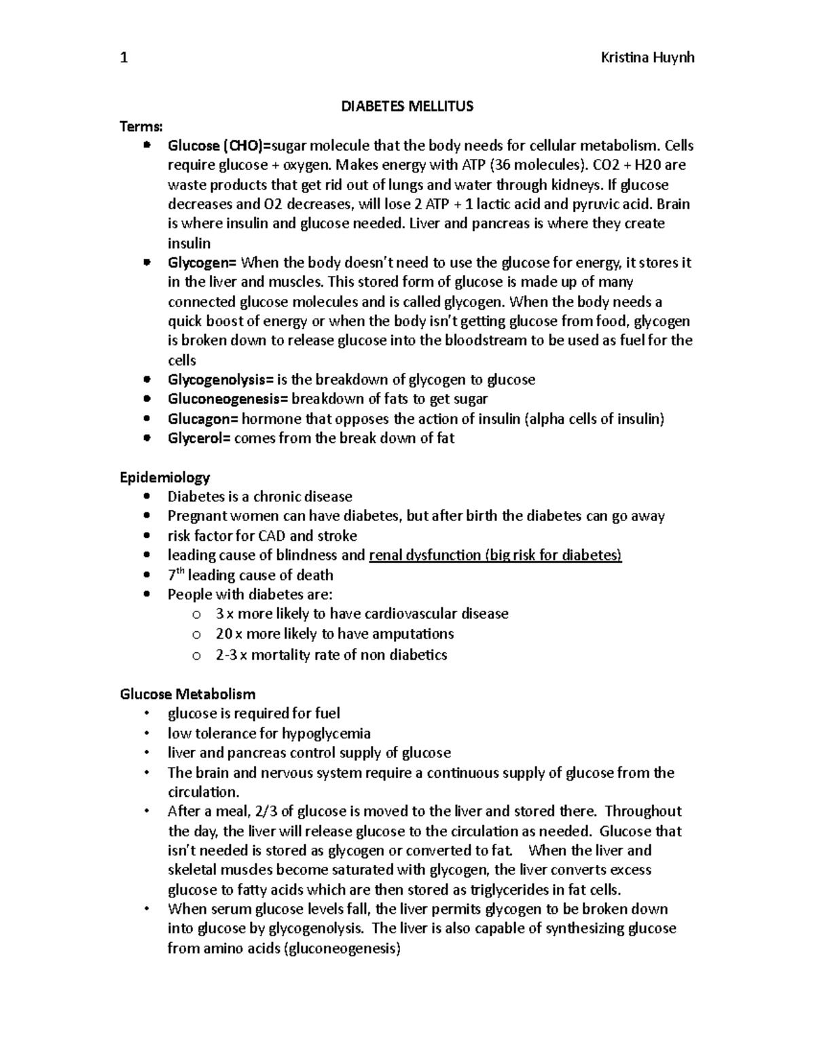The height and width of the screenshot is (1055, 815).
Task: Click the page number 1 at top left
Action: pos(124,58)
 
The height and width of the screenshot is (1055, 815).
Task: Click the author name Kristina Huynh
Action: pos(647,58)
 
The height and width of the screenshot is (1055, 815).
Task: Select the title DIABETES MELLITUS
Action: pos(407,107)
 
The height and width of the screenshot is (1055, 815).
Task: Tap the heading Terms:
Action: pos(141,126)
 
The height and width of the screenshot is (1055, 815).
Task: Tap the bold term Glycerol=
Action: pos(200,439)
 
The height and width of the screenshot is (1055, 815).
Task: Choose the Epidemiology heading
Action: pos(165,478)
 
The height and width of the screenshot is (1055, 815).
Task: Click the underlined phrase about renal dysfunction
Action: pos(495,556)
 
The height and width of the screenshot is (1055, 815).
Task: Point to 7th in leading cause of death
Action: pos(175,575)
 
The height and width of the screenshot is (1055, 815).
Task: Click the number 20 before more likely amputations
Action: pos(223,634)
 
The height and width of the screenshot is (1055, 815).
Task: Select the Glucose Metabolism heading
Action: pos(187,694)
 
